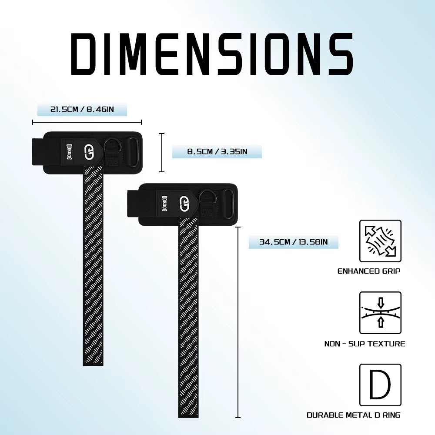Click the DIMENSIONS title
tap(212, 54)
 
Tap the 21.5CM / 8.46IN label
tap(82, 109)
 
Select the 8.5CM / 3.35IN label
tap(217, 152)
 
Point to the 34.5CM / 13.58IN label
tap(293, 242)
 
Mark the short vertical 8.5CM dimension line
tap(162, 153)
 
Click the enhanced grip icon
tap(380, 241)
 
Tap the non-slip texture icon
tap(380, 312)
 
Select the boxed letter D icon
tap(380, 385)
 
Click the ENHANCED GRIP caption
tap(369, 271)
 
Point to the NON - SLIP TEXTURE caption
tap(365, 344)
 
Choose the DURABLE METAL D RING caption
tap(354, 415)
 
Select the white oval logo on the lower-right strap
tap(184, 203)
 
